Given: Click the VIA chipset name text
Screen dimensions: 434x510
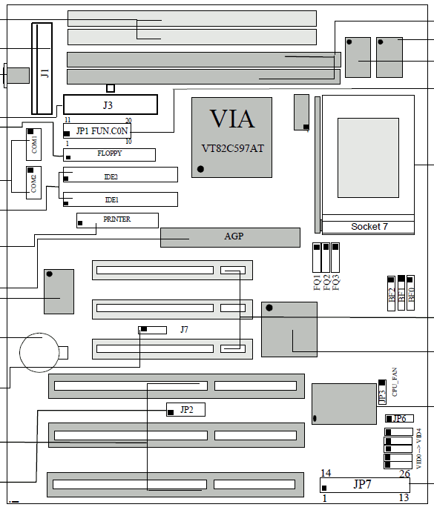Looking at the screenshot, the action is click(x=232, y=119).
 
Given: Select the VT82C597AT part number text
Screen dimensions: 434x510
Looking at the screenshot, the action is click(x=232, y=148).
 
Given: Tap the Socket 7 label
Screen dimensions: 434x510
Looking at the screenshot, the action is click(x=369, y=226).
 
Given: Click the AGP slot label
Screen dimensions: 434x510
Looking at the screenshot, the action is click(x=234, y=236).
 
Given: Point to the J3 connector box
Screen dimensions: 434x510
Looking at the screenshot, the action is click(x=111, y=105).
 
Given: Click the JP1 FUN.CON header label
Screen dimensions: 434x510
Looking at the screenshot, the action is click(x=102, y=130).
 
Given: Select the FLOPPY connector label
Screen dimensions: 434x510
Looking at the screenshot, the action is click(x=109, y=153).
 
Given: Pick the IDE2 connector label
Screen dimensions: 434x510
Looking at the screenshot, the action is click(x=111, y=177).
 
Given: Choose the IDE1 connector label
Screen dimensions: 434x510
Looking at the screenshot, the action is click(x=112, y=199).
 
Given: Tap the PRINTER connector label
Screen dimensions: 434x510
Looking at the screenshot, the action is click(x=117, y=219).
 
